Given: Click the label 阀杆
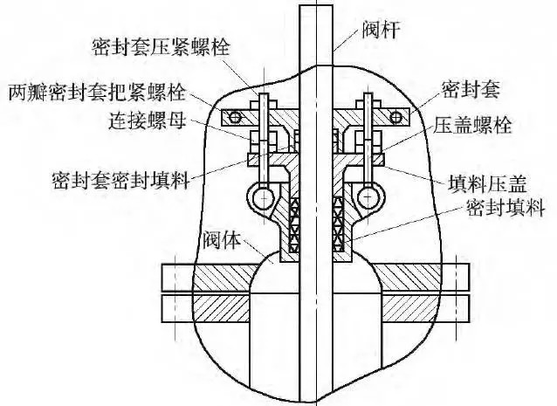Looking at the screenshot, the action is click(382, 30).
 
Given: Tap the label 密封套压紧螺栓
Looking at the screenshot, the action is click(162, 46).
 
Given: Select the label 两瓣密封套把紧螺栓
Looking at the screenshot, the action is click(97, 93).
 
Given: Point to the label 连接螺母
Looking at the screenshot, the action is click(147, 120).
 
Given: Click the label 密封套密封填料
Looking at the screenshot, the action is click(120, 180).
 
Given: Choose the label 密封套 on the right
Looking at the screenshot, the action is click(471, 89).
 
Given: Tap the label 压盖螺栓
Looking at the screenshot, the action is click(472, 125).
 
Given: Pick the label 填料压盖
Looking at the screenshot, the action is click(487, 183).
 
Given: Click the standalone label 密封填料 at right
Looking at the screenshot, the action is click(505, 208).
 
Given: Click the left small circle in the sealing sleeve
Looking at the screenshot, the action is click(235, 117).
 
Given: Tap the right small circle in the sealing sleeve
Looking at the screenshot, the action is click(395, 117).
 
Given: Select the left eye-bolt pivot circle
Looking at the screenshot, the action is click(264, 196).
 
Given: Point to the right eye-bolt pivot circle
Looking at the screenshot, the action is click(368, 196).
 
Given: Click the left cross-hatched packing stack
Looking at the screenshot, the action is click(294, 224).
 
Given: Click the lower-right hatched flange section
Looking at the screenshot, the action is click(409, 308).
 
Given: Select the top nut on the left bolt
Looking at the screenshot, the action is click(264, 105).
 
